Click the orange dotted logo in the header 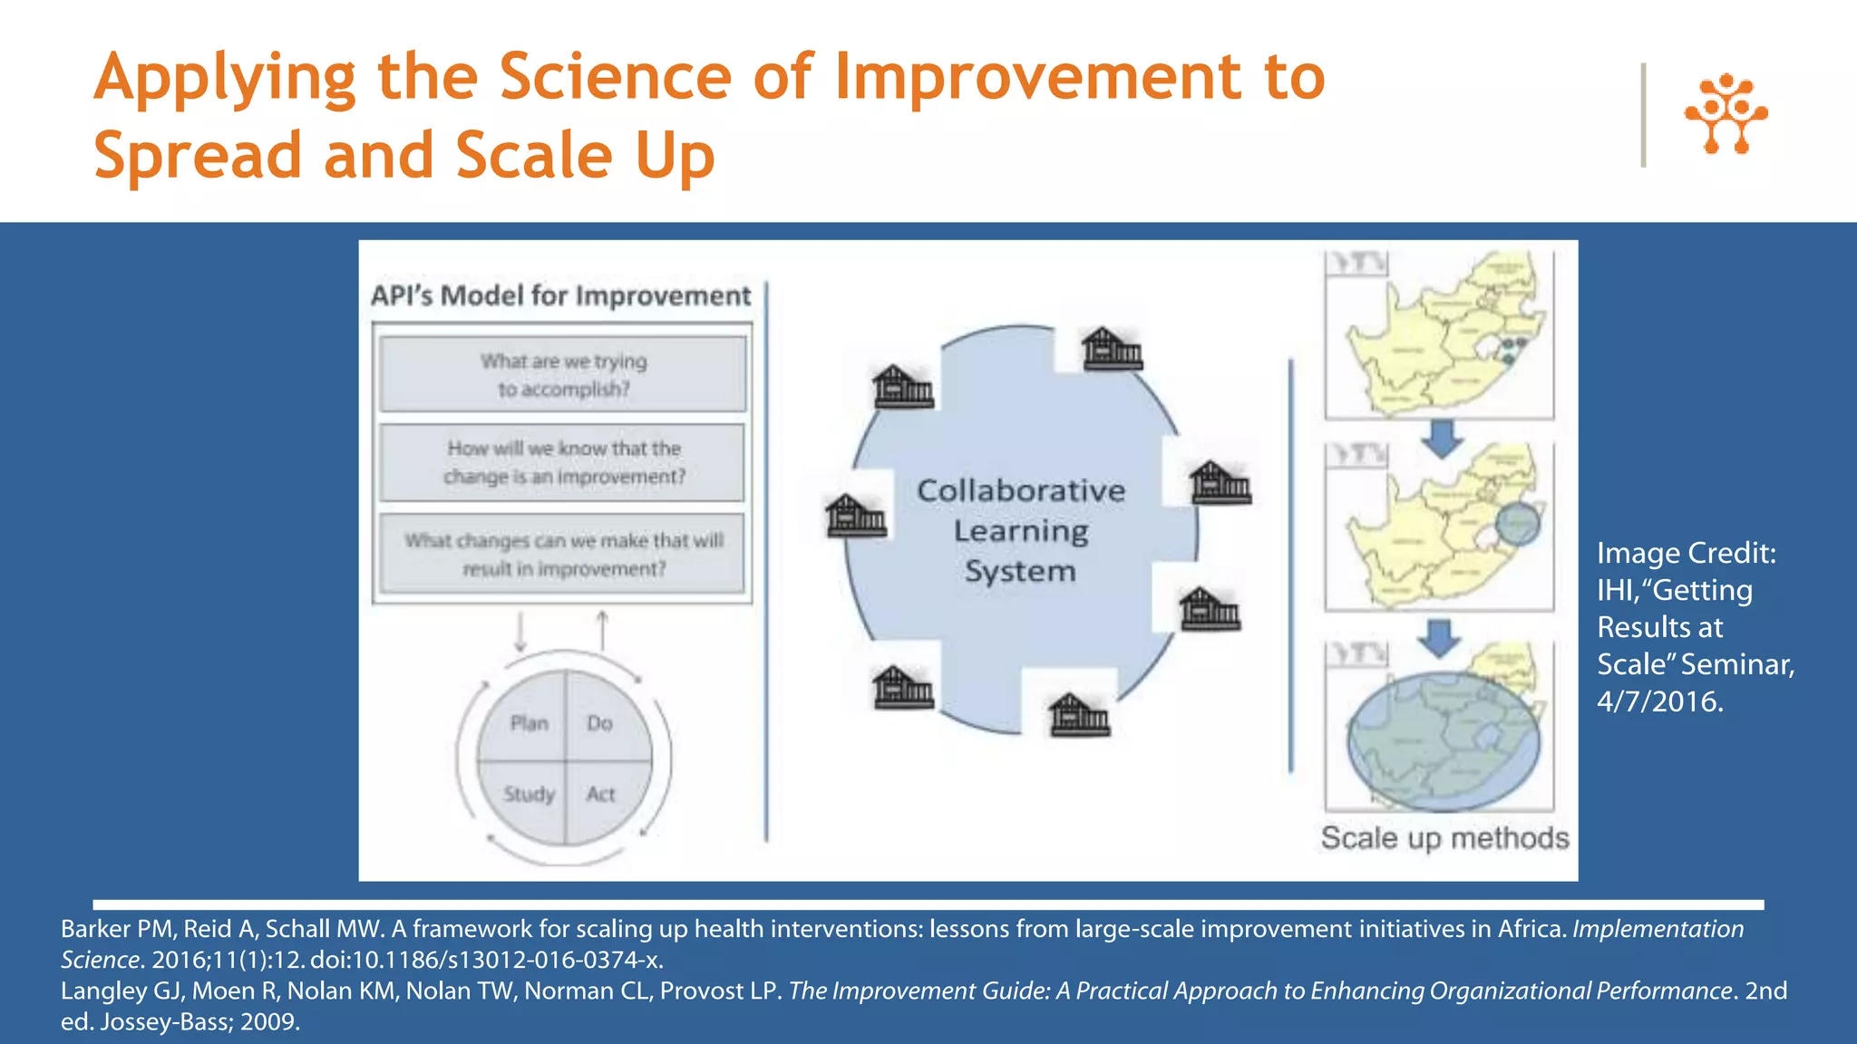tap(1726, 114)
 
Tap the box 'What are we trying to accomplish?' tap(563, 374)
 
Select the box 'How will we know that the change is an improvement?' tap(563, 462)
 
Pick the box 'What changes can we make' tap(563, 554)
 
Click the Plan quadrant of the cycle tap(529, 723)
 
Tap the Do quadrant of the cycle tap(599, 723)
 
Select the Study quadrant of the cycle tap(529, 794)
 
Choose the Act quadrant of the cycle tap(600, 794)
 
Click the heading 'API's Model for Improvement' tap(560, 295)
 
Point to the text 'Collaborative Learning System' tap(1020, 530)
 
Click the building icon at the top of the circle tap(1112, 349)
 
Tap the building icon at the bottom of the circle tap(1078, 716)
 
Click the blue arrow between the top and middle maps tap(1442, 438)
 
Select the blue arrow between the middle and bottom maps tap(1439, 638)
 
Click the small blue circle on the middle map tap(1517, 524)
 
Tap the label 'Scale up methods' tap(1444, 837)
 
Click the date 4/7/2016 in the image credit tap(1659, 701)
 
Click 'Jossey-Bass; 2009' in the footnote tap(199, 1021)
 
